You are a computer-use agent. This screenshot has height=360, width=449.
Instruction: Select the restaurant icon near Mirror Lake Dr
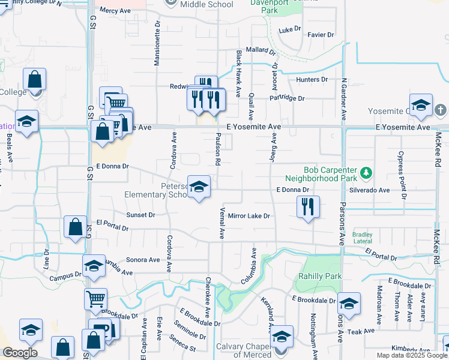tap(308, 207)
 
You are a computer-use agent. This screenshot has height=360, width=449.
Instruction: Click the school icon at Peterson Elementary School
tap(199, 187)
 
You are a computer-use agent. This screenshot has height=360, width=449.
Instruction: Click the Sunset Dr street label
tap(140, 214)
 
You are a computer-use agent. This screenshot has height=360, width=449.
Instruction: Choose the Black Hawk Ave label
tap(238, 74)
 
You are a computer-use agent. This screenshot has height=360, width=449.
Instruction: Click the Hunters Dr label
tap(312, 79)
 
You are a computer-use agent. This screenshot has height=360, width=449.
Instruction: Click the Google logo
tap(20, 353)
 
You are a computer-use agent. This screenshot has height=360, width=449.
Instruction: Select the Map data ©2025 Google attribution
tap(411, 355)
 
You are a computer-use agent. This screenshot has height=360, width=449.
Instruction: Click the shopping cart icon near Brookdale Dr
tap(97, 298)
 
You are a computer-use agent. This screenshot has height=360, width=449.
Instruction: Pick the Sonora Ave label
tap(143, 260)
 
